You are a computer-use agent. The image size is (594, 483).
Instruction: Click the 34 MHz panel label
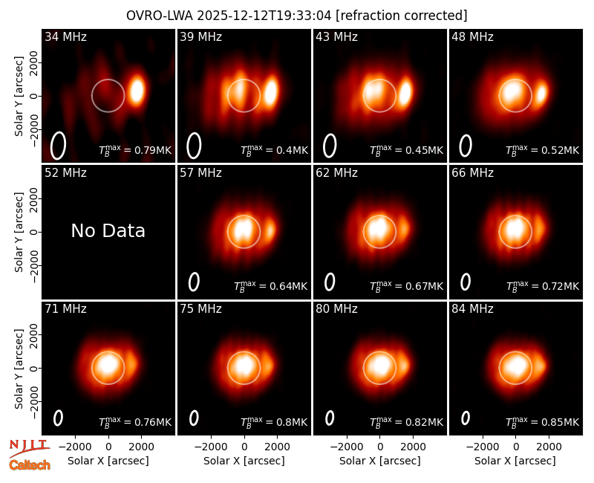(x=65, y=36)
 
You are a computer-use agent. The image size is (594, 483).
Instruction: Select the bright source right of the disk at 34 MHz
(x=137, y=91)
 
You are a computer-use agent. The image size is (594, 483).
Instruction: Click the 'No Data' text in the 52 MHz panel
(x=108, y=230)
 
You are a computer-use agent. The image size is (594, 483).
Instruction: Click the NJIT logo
(x=29, y=447)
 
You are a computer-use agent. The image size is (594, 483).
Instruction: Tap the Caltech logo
(x=30, y=465)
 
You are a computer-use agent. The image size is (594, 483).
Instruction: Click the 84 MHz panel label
(x=472, y=308)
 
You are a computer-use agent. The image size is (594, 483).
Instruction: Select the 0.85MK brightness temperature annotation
(x=543, y=421)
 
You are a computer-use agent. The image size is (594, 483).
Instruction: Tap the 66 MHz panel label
(x=472, y=172)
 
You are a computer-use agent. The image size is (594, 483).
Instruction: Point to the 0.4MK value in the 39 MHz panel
(x=275, y=150)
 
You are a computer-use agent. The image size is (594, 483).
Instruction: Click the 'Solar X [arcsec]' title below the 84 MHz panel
(x=515, y=461)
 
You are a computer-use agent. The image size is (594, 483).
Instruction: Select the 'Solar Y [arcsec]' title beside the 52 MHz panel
(x=19, y=232)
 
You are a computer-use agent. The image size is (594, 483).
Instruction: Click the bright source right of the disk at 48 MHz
(x=542, y=92)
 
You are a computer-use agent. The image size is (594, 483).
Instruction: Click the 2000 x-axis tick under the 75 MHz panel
(x=277, y=447)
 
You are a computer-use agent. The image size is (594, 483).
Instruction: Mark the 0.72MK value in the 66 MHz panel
(x=543, y=286)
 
